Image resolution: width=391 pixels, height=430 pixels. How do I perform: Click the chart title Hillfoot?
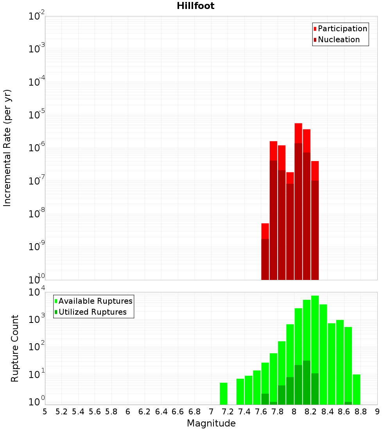pos(195,6)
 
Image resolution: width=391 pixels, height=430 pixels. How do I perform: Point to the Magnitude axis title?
pos(211,423)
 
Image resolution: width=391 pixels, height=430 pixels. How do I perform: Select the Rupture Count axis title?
pos(15,348)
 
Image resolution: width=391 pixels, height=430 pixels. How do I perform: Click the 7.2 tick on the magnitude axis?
pos(228,412)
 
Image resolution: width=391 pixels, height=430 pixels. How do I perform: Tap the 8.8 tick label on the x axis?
pos(361,412)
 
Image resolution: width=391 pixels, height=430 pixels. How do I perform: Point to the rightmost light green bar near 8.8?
pos(356,389)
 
